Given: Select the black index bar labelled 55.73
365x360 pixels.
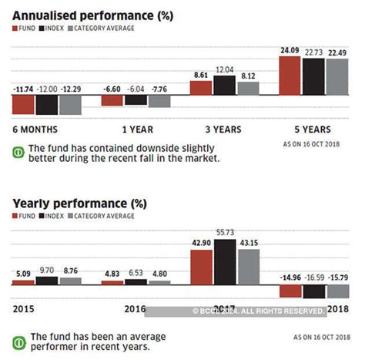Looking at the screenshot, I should [x=224, y=262].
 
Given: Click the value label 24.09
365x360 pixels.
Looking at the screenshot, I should [x=289, y=52].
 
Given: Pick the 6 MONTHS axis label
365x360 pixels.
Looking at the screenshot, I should [x=36, y=130].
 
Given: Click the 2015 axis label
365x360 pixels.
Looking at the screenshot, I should [x=23, y=310].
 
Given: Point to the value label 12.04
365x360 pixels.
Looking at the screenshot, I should [x=224, y=69].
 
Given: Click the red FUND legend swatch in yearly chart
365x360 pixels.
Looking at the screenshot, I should [x=16, y=218].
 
